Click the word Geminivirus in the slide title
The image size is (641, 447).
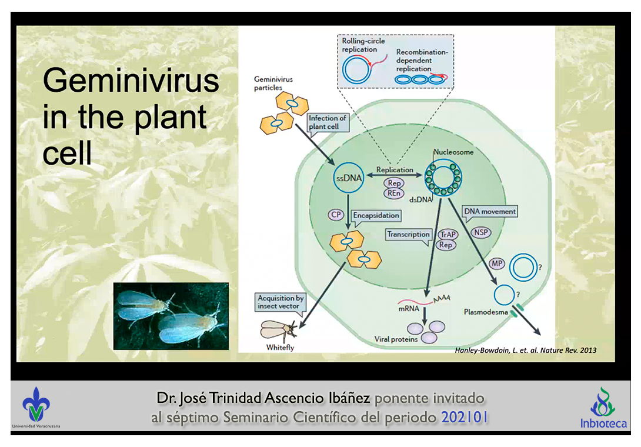pos(131,82)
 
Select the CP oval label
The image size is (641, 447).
pos(336,215)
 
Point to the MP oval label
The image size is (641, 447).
pos(496,264)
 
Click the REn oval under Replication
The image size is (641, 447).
pos(394,193)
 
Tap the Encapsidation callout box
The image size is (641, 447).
pos(376,215)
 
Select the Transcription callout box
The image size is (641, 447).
pos(409,234)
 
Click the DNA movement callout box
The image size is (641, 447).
pos(490,212)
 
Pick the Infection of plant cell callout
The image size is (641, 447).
pos(328,122)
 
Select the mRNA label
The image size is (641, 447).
pos(409,308)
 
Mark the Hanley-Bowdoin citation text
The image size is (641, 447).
pos(525,350)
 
